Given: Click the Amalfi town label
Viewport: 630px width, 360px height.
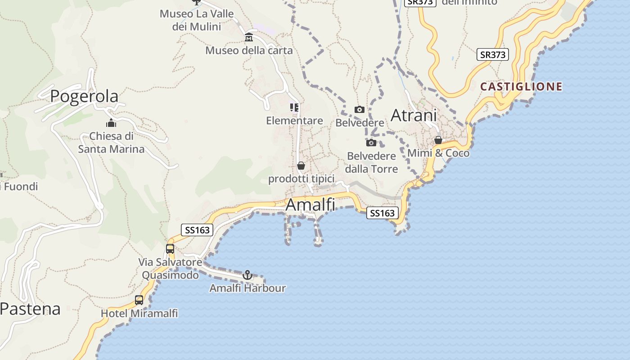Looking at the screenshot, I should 310,205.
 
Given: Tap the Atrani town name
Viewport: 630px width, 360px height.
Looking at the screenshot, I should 414,115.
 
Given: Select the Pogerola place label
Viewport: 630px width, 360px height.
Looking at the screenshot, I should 84,96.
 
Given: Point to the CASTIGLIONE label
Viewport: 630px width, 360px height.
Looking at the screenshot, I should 522,86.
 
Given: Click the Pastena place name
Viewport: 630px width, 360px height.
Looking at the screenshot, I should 30,309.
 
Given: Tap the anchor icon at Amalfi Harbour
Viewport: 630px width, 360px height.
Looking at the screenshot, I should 247,274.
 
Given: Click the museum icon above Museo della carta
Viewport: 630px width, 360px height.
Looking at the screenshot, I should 249,37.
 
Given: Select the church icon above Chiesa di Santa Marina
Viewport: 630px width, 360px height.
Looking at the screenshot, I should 111,123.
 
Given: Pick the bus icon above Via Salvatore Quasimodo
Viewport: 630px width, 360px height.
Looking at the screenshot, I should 170,248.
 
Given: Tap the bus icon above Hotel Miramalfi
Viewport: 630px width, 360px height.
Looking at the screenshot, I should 139,300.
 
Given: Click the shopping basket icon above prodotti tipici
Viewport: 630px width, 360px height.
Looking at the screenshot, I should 301,166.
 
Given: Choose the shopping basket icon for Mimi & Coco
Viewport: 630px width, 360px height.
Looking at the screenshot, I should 438,140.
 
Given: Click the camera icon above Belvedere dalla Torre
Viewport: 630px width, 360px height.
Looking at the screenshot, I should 371,143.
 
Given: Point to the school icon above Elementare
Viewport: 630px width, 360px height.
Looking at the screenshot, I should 294,108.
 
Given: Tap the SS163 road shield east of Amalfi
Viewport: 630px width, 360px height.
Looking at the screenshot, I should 382,213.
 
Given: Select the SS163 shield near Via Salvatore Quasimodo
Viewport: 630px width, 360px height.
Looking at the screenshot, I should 197,230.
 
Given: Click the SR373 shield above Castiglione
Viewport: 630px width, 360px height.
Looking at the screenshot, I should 493,55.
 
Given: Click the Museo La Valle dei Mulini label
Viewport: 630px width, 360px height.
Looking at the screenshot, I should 197,20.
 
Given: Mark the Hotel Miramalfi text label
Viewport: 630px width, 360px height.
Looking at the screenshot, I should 139,313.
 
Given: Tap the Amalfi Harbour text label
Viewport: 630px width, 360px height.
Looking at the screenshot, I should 247,288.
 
